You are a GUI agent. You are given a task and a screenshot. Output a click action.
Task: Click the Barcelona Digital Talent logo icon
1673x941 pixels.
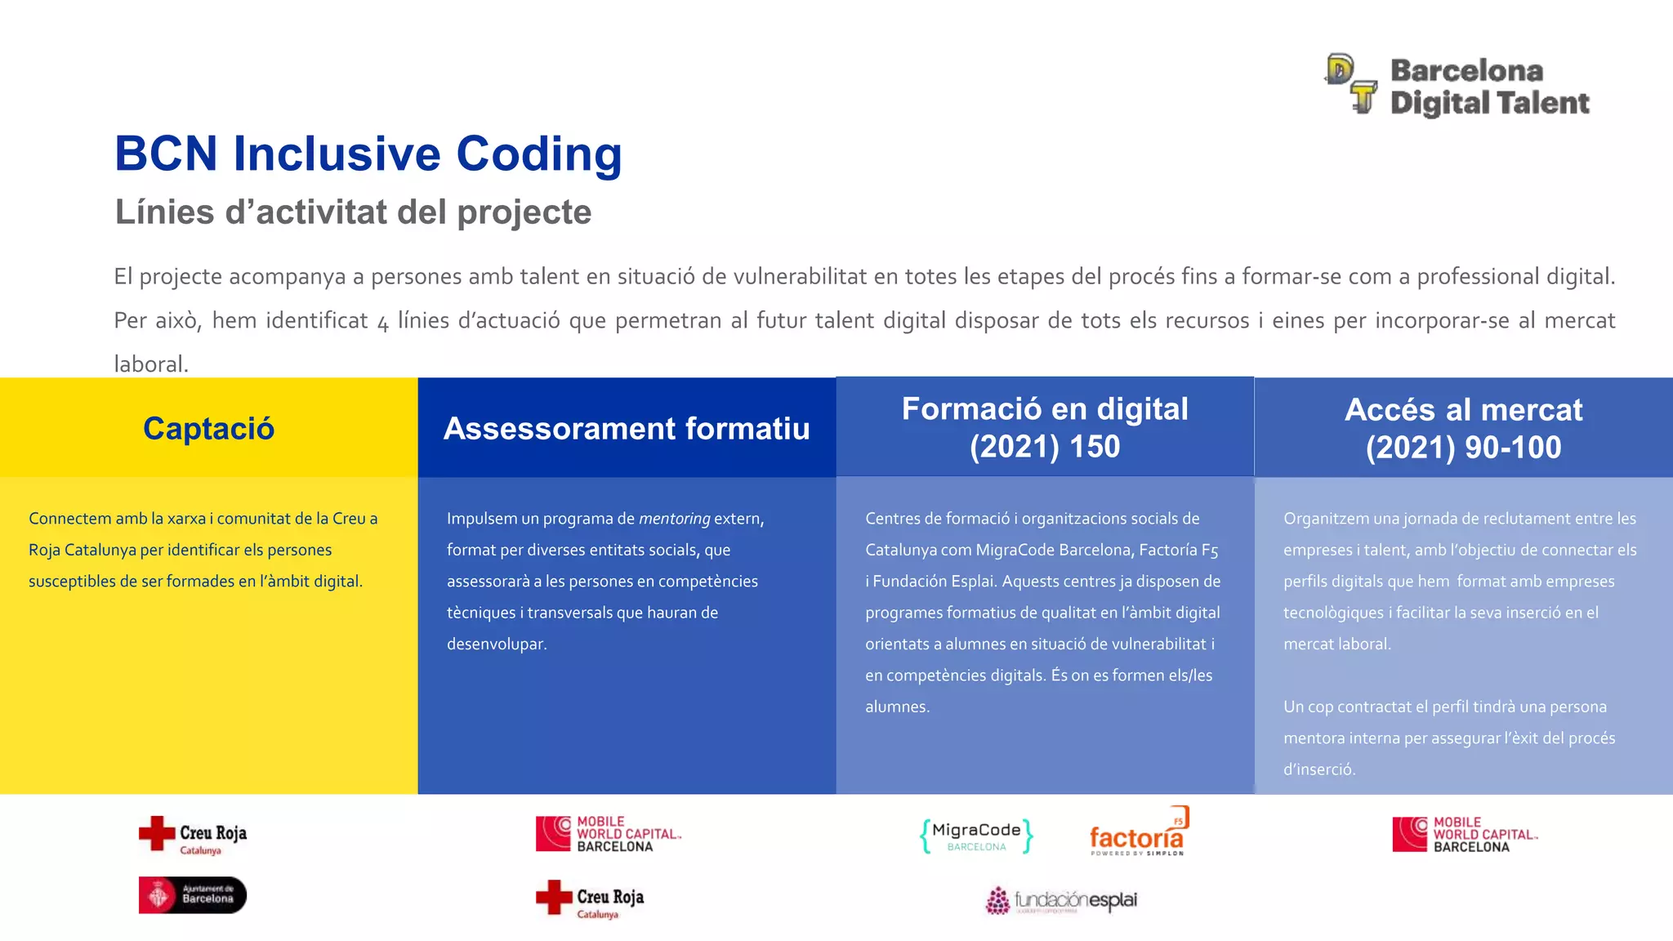point(1351,83)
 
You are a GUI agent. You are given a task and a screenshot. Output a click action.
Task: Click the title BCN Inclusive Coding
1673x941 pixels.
point(368,154)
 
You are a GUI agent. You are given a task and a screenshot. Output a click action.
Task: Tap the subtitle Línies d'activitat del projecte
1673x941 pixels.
point(353,212)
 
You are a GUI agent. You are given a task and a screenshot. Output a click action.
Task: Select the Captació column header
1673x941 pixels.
point(208,428)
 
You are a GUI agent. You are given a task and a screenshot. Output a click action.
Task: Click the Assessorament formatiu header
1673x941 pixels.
point(627,428)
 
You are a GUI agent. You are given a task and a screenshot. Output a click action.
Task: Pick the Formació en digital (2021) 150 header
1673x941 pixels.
point(1045,427)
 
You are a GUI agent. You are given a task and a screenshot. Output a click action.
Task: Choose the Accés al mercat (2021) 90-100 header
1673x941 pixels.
point(1463,428)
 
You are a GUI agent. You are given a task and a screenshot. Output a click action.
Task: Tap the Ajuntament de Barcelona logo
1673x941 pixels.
point(193,894)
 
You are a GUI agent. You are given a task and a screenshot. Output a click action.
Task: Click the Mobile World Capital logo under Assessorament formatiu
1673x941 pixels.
point(608,834)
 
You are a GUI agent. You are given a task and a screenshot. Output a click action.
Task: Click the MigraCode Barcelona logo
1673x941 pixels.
point(976,836)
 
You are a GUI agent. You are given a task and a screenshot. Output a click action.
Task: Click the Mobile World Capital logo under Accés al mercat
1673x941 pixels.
point(1465,834)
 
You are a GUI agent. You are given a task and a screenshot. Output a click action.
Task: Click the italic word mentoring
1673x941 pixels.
point(674,519)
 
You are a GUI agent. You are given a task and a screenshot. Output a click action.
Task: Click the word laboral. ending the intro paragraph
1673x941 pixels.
point(151,364)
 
